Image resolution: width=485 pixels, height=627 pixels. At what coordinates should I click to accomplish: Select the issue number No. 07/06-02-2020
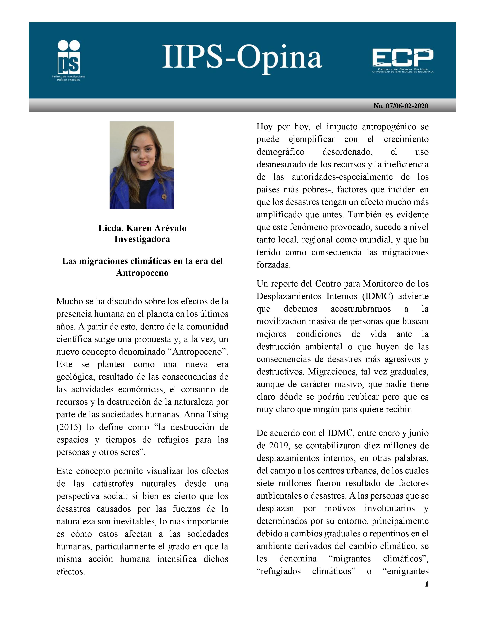click(401, 106)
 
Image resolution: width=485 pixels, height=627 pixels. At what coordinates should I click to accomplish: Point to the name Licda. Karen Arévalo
click(142, 228)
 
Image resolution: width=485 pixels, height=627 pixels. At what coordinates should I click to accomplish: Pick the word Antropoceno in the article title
click(142, 272)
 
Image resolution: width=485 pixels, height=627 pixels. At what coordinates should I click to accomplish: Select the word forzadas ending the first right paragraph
click(273, 265)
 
